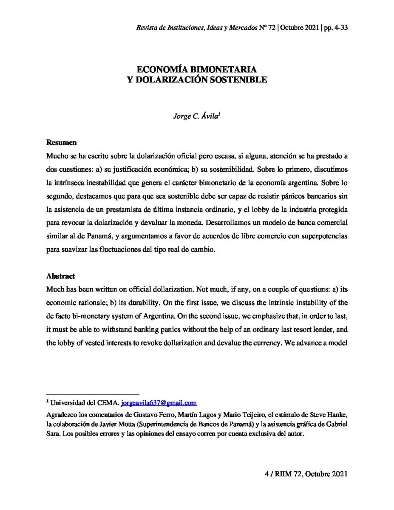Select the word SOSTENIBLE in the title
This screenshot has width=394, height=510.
point(240,79)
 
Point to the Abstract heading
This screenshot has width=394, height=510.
point(60,276)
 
